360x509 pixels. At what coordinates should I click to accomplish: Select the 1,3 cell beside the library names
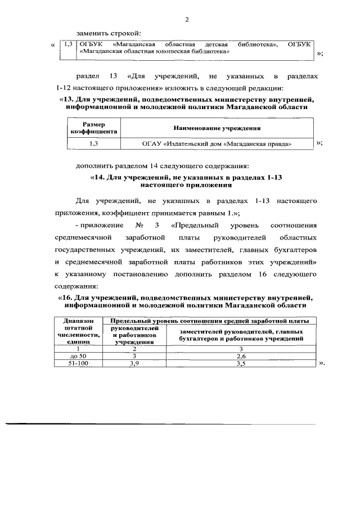[x=69, y=44]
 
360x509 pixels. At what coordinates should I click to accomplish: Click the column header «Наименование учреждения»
[x=217, y=128]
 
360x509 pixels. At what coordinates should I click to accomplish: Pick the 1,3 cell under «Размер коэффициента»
[x=93, y=144]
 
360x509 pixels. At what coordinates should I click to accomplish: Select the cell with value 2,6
[x=241, y=356]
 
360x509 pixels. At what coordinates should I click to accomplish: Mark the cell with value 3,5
[x=241, y=364]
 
